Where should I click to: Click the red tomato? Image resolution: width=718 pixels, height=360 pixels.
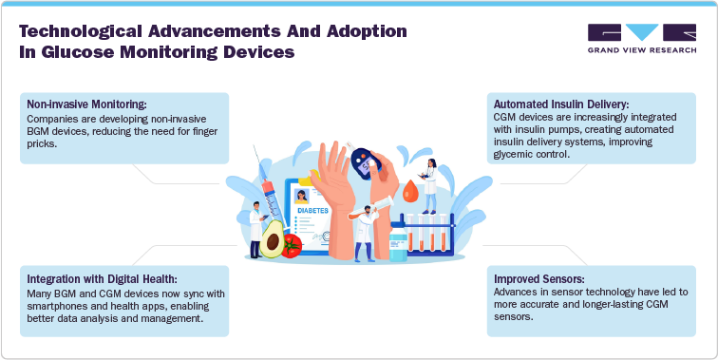tap(293, 246)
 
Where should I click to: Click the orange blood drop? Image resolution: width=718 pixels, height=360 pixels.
tap(410, 191)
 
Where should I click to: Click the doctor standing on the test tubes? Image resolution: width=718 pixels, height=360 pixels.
tap(429, 183)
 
